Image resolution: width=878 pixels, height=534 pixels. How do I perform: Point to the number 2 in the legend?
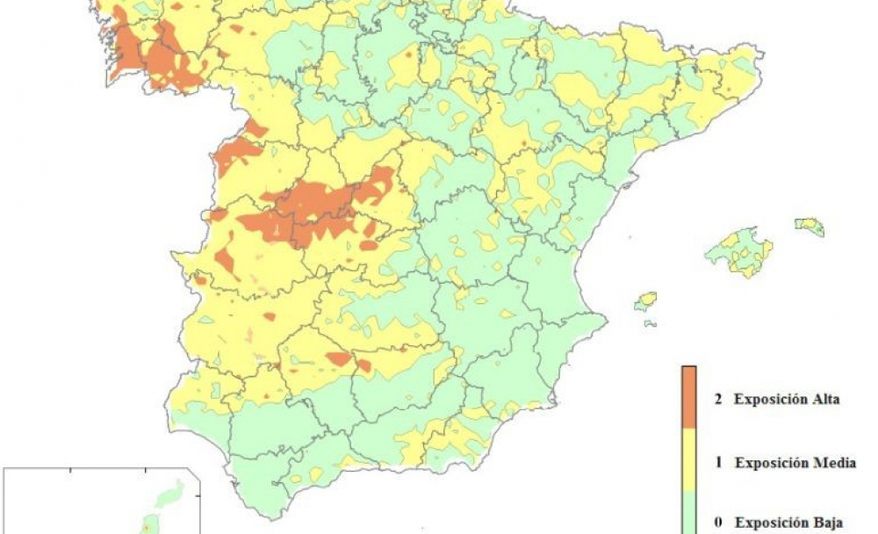pyautogui.click(x=717, y=400)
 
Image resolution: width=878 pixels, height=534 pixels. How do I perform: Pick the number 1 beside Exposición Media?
pyautogui.click(x=717, y=462)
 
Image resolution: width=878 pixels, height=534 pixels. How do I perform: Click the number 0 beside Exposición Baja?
pyautogui.click(x=717, y=523)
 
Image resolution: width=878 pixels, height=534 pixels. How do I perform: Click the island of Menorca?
pyautogui.click(x=810, y=227)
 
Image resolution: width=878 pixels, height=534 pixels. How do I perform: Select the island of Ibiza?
pyautogui.click(x=646, y=301)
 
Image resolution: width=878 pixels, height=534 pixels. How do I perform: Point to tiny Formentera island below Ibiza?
pyautogui.click(x=651, y=323)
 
